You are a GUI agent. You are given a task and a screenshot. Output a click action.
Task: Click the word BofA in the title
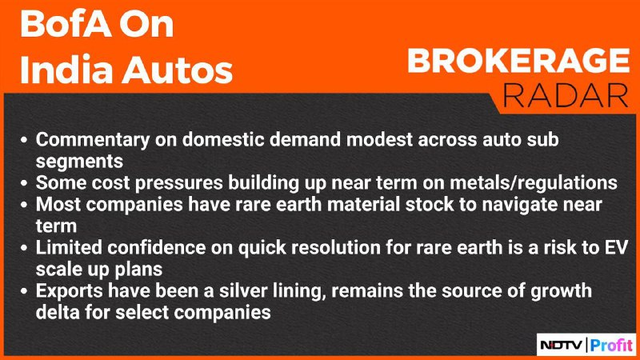(65, 24)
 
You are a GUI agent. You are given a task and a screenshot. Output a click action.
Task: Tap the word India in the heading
(66, 70)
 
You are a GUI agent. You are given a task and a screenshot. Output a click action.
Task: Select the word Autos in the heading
(178, 70)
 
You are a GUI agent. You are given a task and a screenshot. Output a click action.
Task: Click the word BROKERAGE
(518, 61)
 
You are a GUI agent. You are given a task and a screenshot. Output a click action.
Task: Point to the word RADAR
(566, 95)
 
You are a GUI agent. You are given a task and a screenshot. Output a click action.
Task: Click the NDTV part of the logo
(562, 346)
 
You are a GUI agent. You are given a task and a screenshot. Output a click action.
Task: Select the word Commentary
(93, 141)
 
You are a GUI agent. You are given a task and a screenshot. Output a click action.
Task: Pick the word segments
(79, 162)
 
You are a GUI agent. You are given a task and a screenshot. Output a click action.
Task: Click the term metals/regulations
(534, 183)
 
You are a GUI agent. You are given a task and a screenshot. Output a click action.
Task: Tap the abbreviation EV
(616, 248)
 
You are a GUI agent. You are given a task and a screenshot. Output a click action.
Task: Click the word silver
(243, 291)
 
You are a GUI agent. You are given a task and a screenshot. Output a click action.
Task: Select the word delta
(58, 313)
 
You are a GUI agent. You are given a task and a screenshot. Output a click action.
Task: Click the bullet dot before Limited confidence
(24, 248)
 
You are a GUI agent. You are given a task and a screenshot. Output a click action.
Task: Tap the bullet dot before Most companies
(24, 205)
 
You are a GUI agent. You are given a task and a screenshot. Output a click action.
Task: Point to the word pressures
(178, 184)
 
